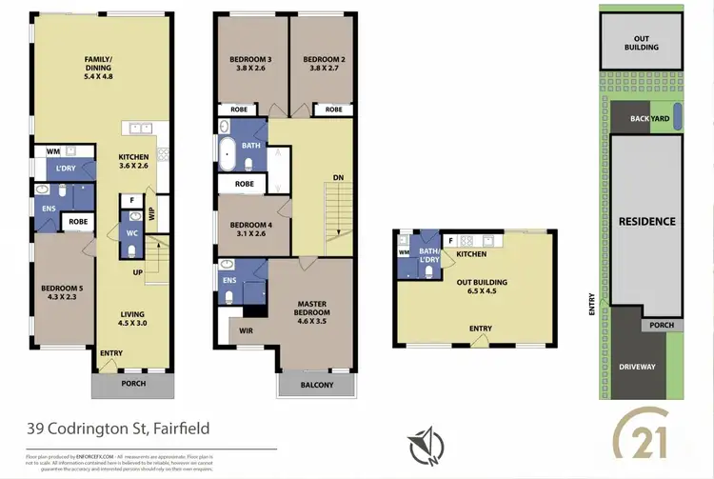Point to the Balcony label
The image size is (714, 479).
tap(317, 385)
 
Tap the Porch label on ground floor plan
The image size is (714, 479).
tap(132, 386)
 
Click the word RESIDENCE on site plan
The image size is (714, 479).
tap(646, 222)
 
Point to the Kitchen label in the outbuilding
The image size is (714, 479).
tap(471, 254)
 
